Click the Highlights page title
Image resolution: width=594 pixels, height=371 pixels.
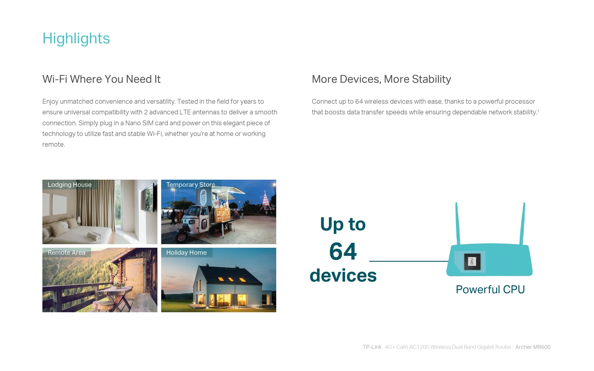click(x=76, y=39)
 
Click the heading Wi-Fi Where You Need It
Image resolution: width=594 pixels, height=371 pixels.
click(x=102, y=79)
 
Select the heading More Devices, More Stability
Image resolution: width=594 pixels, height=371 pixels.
click(x=381, y=79)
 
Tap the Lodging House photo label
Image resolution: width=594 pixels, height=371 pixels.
click(x=70, y=185)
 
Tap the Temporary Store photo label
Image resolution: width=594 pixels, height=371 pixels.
click(x=191, y=185)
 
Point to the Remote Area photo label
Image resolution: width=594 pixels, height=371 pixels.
click(x=66, y=253)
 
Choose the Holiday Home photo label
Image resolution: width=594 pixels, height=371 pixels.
click(x=186, y=253)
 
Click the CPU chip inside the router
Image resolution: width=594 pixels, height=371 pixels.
click(x=472, y=261)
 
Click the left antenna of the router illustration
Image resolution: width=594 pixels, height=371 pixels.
click(x=458, y=223)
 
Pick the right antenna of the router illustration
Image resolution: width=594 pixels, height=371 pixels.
click(x=522, y=223)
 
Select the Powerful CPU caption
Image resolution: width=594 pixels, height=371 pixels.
click(x=490, y=290)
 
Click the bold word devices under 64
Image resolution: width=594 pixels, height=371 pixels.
click(x=343, y=275)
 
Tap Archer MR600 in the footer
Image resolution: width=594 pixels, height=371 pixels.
click(x=533, y=347)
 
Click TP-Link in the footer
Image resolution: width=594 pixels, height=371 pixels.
click(x=372, y=347)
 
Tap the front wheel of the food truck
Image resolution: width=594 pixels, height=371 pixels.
click(x=181, y=237)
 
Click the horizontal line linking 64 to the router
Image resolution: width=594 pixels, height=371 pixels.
click(x=409, y=261)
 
